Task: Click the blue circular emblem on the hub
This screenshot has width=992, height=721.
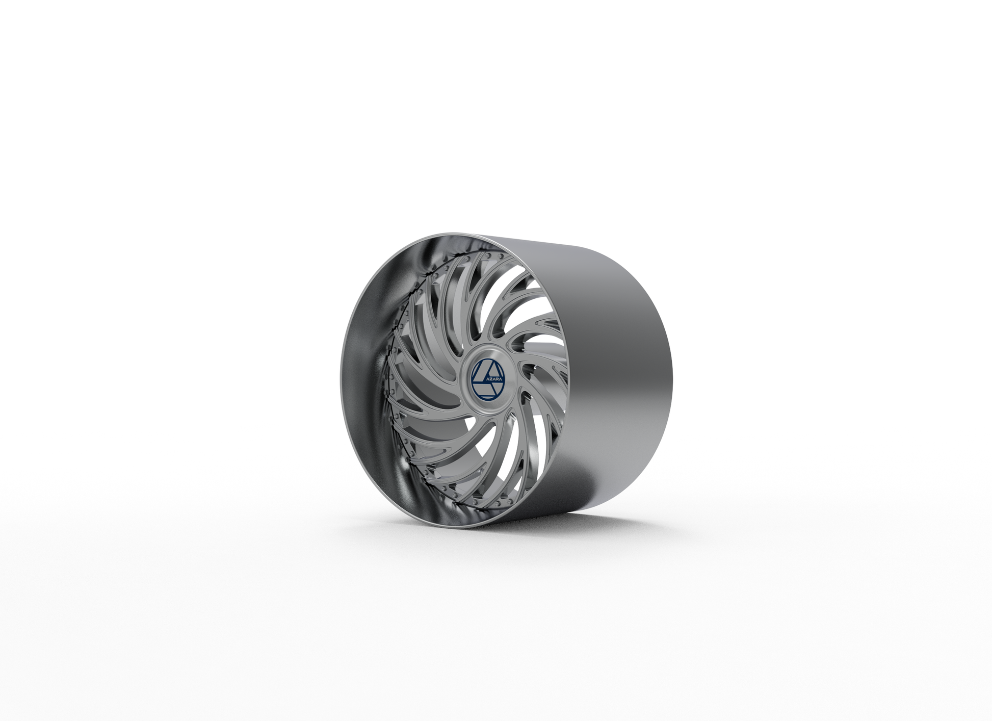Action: (487, 380)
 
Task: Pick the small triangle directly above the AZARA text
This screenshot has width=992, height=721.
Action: (487, 371)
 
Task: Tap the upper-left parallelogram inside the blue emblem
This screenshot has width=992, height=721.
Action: (480, 370)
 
